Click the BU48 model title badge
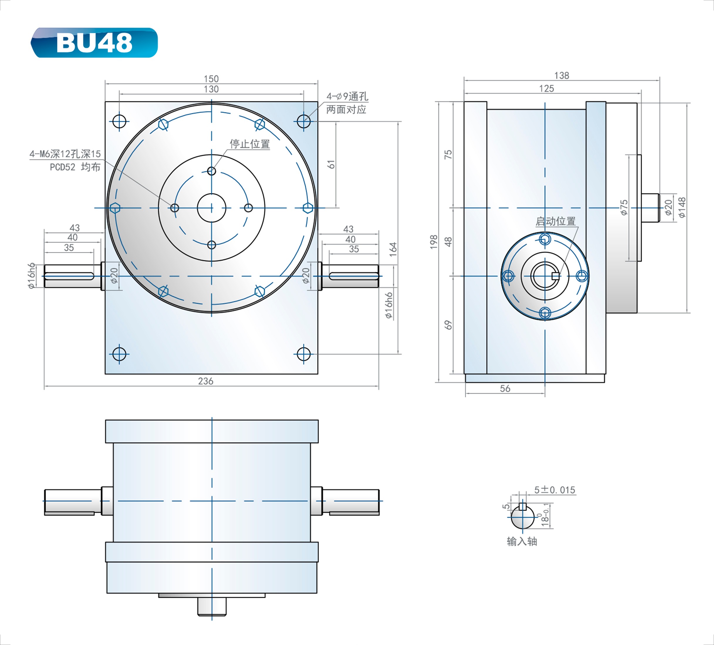coord(94,43)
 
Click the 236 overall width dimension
coord(205,381)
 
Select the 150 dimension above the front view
coord(211,79)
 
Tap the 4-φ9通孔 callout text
coord(347,96)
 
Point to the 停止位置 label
coord(250,144)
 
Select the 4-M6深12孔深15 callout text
coord(65,154)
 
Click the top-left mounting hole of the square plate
coord(119,121)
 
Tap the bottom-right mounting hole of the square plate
coord(303,354)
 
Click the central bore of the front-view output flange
coord(211,208)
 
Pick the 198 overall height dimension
coord(434,242)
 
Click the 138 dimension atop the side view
coord(561,75)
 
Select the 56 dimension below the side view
coord(505,389)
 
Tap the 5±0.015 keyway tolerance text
coord(555,490)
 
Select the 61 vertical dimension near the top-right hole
coord(331,164)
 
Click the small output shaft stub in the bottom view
coord(212,606)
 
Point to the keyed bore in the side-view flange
coord(545,276)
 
